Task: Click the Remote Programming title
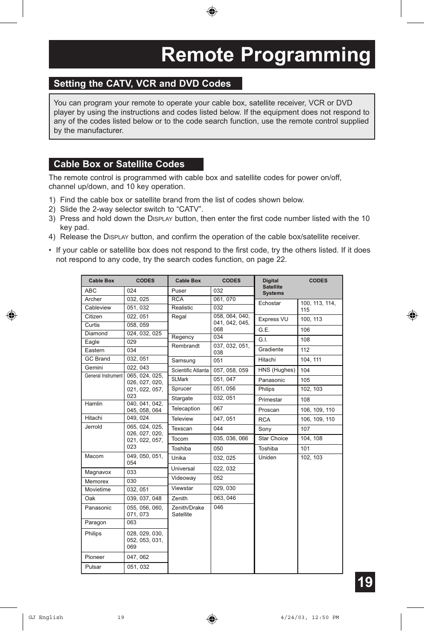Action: pyautogui.click(x=265, y=55)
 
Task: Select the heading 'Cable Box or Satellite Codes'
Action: pyautogui.click(x=119, y=164)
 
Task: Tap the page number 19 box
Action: pyautogui.click(x=364, y=582)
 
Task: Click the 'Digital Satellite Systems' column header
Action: pyautogui.click(x=273, y=287)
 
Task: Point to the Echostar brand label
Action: pyautogui.click(x=269, y=303)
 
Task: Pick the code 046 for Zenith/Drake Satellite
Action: pyautogui.click(x=218, y=507)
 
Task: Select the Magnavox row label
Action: pyautogui.click(x=97, y=472)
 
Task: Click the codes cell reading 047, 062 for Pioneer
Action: pyautogui.click(x=138, y=557)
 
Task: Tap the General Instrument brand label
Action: pyautogui.click(x=104, y=376)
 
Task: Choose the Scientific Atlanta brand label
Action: pyautogui.click(x=190, y=370)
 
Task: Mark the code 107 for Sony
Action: pyautogui.click(x=305, y=429)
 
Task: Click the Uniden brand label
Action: pyautogui.click(x=267, y=458)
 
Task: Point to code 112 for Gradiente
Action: pyautogui.click(x=305, y=350)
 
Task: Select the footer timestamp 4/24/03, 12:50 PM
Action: pyautogui.click(x=309, y=617)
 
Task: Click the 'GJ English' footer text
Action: pyautogui.click(x=46, y=617)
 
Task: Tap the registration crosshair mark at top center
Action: pyautogui.click(x=212, y=12)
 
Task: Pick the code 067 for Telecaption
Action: pyautogui.click(x=218, y=409)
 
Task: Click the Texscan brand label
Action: pyautogui.click(x=182, y=429)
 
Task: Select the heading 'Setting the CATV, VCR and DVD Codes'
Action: pyautogui.click(x=142, y=84)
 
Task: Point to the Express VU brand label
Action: pyautogui.click(x=273, y=319)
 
